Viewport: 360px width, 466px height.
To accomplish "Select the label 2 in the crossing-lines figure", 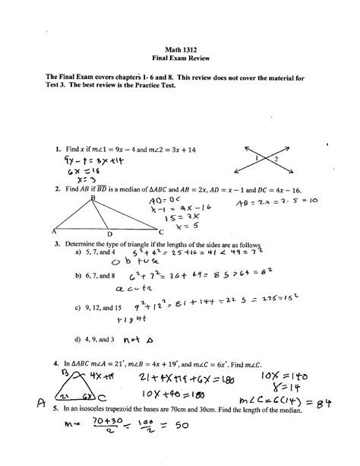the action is point(277,158).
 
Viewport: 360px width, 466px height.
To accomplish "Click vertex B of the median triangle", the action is point(93,197).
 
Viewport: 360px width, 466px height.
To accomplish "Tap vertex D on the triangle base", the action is point(109,234).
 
